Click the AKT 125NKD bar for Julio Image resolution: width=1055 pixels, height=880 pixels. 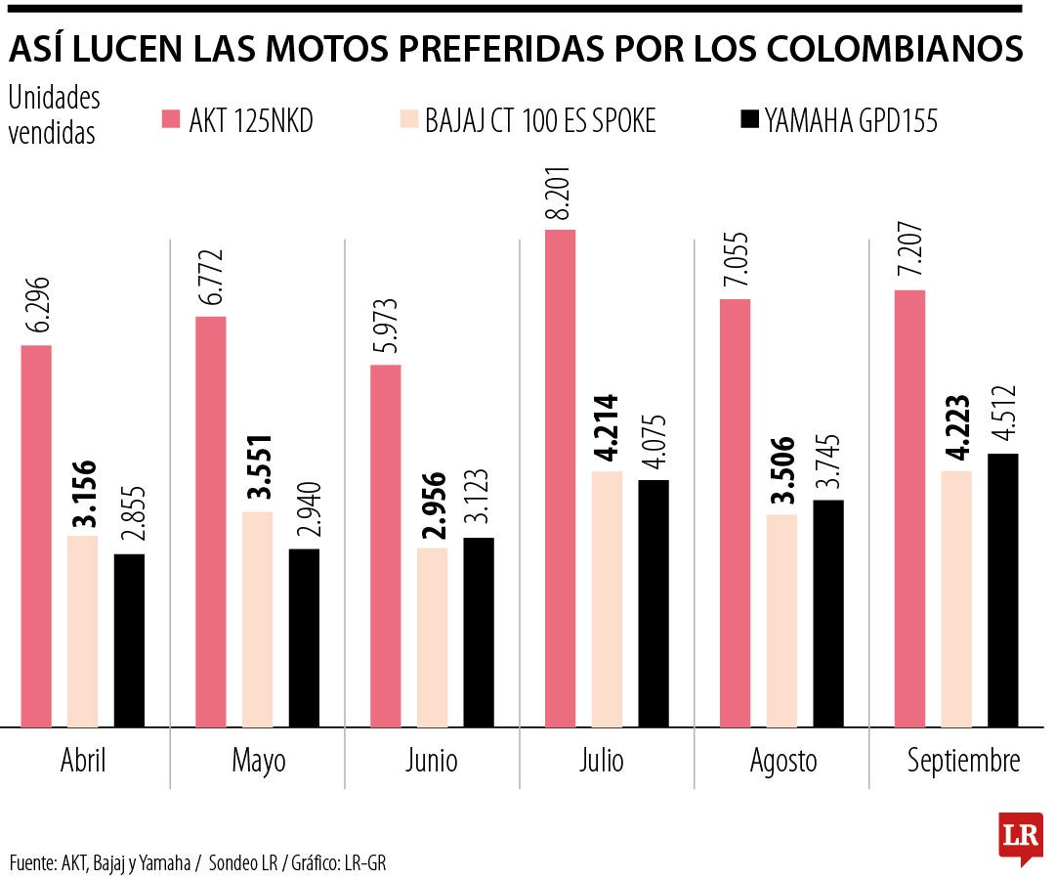560,479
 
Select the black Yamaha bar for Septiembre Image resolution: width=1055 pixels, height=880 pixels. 1002,591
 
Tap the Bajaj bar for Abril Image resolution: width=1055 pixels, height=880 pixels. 83,632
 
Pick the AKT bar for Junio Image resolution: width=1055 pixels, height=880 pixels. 385,547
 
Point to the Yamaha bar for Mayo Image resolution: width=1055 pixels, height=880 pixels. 304,638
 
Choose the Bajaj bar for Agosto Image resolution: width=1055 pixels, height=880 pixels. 782,621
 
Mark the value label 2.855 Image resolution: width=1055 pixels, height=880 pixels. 131,518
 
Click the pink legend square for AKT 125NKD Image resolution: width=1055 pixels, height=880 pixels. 171,120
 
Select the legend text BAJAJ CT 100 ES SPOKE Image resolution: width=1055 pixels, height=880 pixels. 540,121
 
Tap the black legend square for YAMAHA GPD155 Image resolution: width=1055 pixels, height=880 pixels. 749,120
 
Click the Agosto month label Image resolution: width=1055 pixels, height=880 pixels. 783,762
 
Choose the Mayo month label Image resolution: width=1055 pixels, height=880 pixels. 259,762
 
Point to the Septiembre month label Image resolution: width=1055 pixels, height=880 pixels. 963,762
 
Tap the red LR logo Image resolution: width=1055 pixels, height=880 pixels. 1019,837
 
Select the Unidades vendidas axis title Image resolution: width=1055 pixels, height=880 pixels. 54,115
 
